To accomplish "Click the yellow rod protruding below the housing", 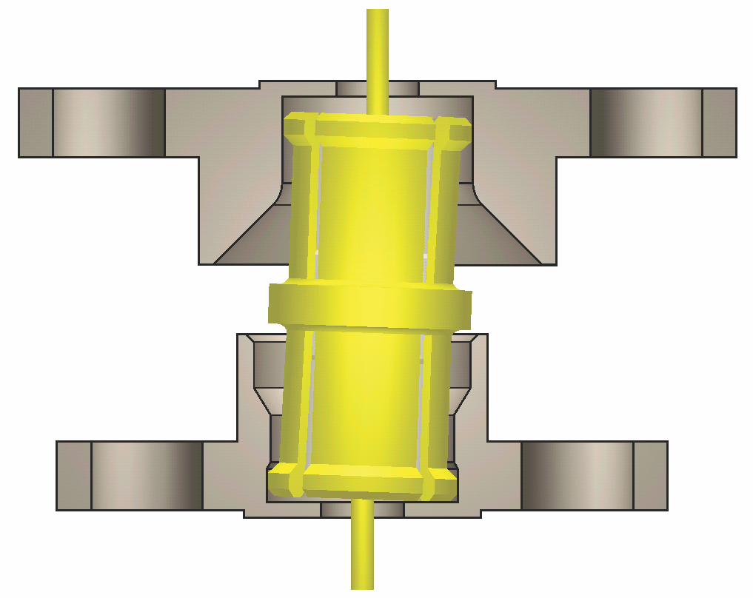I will tap(362, 548).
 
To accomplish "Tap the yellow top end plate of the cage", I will tap(378, 129).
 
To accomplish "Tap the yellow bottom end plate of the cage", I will tap(362, 482).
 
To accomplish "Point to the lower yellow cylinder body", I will tap(367, 400).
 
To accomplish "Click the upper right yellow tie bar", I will tap(443, 207).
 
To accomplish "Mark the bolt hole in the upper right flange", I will tap(646, 123).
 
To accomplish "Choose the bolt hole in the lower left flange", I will tap(147, 476).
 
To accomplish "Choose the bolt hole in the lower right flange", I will tap(577, 476).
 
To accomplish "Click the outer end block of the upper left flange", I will tap(36, 123).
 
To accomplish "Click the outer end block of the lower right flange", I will tap(650, 476).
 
